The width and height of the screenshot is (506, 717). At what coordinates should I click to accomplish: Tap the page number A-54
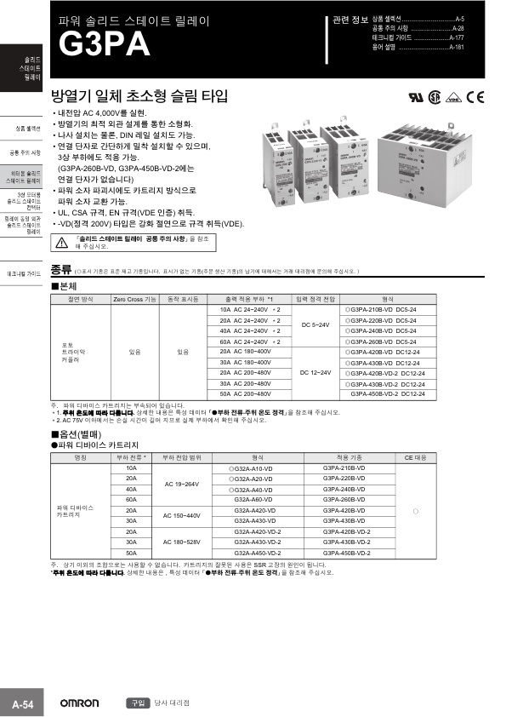(22, 704)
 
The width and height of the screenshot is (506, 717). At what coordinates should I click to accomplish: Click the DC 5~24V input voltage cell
(316, 325)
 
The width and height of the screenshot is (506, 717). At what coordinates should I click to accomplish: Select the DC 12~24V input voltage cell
(316, 373)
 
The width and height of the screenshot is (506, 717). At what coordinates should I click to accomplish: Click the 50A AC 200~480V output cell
(245, 394)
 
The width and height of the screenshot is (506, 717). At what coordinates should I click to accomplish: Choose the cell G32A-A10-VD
(252, 468)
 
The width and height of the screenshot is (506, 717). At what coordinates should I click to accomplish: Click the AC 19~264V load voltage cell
(180, 484)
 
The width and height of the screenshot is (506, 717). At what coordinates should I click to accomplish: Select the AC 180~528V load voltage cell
(180, 542)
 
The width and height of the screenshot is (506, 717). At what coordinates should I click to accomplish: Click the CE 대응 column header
(414, 457)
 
